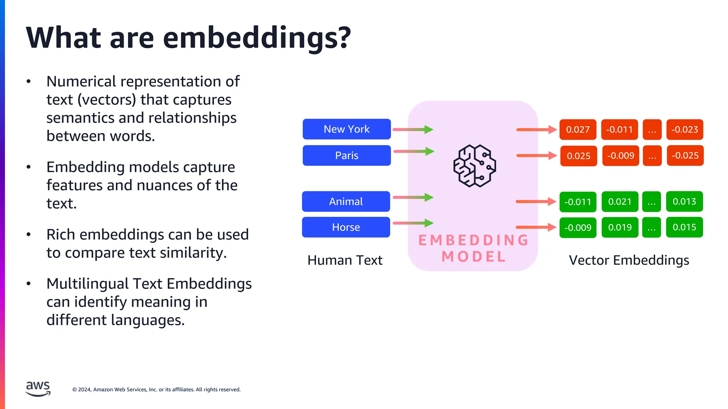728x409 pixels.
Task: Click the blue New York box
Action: (x=347, y=129)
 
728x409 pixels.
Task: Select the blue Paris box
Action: (x=347, y=156)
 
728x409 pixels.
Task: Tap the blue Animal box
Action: (x=346, y=201)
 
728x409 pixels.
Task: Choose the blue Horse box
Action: (x=346, y=227)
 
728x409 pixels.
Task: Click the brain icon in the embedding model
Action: (x=474, y=166)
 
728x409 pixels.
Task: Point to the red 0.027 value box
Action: (x=578, y=130)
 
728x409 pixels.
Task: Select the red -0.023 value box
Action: (x=685, y=130)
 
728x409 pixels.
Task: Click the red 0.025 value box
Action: (x=578, y=156)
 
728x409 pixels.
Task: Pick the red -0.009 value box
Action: (x=621, y=156)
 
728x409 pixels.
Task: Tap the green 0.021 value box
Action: (x=620, y=202)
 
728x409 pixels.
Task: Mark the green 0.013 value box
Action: (x=684, y=202)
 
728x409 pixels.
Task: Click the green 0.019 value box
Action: (x=620, y=227)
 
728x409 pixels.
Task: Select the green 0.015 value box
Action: (x=684, y=227)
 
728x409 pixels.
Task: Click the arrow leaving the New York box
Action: (x=412, y=130)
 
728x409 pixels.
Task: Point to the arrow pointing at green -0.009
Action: (x=535, y=227)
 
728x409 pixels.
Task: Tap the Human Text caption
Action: (x=345, y=260)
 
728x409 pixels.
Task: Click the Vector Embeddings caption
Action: (x=629, y=260)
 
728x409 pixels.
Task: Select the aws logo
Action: (x=38, y=388)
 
